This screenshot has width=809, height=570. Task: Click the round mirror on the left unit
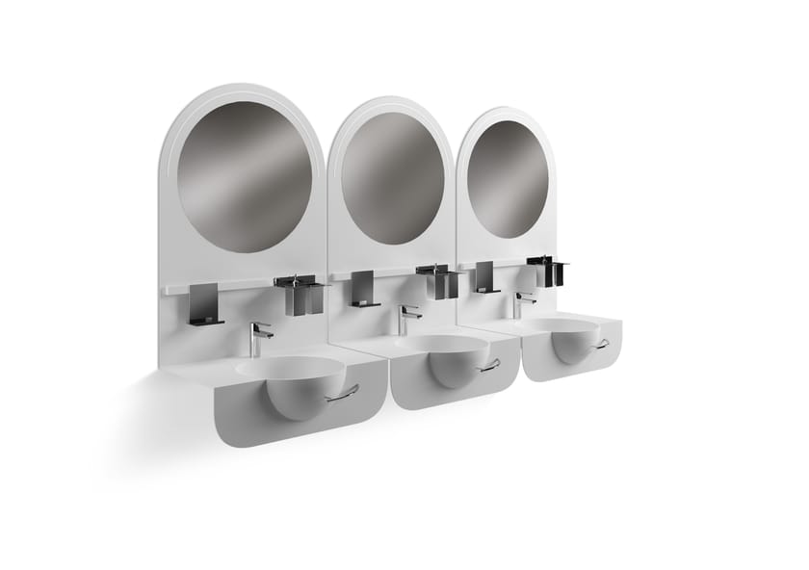245,176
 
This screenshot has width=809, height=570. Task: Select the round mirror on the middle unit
392,177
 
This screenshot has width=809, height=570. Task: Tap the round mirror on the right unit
508,178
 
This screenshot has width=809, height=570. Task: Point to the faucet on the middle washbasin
406,318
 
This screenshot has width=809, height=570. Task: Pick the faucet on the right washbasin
521,303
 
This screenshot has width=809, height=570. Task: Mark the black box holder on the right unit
545,271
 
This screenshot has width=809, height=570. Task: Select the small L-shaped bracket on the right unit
484,277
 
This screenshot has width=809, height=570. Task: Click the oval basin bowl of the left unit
289,369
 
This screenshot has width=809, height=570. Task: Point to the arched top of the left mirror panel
241,91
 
